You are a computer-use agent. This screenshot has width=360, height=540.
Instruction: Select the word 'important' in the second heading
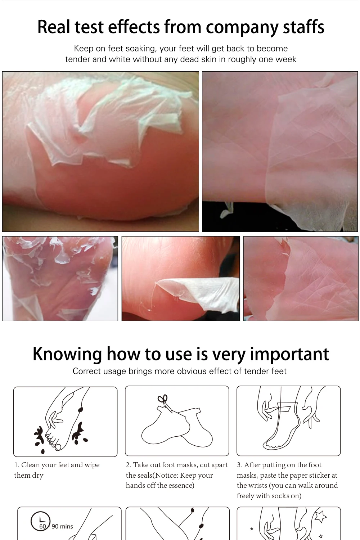[289, 354]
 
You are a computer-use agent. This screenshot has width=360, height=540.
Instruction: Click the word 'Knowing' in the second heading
[67, 354]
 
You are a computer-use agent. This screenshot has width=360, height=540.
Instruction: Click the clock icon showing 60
[41, 521]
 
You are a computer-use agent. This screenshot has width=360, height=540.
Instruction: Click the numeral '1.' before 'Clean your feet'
[17, 465]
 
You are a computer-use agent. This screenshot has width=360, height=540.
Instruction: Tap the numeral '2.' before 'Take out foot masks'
[129, 465]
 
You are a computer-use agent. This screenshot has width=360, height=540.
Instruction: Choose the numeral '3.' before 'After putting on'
[239, 465]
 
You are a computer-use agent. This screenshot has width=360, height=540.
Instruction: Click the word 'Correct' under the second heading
[86, 371]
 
